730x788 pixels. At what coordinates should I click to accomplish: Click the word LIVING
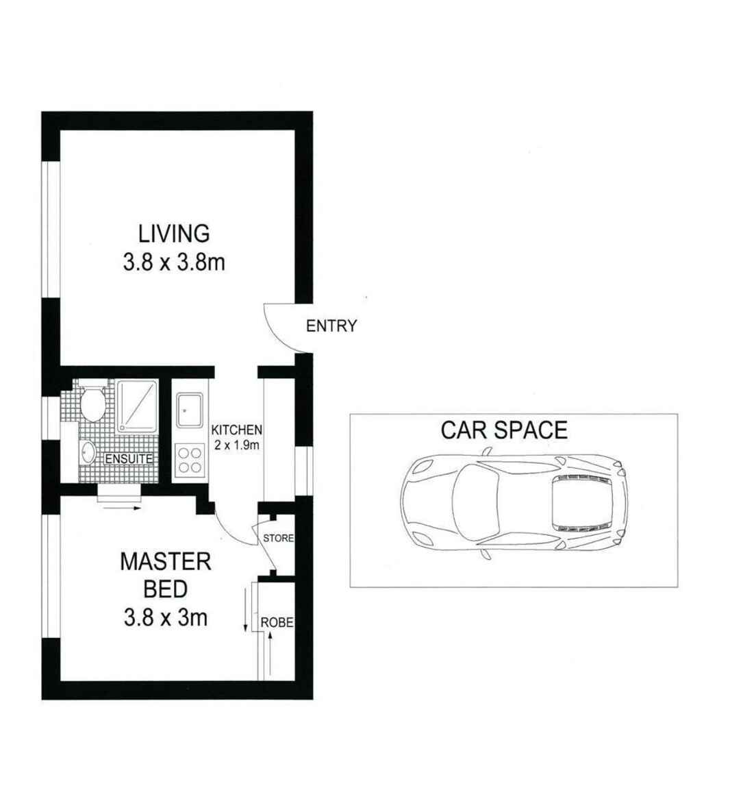pos(174,234)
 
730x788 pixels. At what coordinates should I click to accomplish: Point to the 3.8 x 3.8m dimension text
pos(174,262)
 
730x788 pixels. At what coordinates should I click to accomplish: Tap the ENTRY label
pos(331,326)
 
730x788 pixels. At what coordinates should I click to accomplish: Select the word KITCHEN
pos(236,430)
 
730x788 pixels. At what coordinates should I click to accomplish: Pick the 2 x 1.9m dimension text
pos(236,444)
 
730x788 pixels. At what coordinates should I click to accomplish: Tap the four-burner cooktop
pos(190,459)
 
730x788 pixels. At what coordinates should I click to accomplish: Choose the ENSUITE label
pos(128,459)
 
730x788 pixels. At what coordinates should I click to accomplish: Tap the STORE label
pos(278,539)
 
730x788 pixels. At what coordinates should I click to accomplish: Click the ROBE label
pos(277,623)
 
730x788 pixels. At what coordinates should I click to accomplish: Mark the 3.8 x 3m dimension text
pos(166,618)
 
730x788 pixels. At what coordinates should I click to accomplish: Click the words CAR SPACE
pos(504,430)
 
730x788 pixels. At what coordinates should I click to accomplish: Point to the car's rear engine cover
pos(581,502)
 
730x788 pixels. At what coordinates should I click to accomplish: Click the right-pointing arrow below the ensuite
pos(122,508)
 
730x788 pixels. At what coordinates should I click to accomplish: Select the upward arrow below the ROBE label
pos(270,654)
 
